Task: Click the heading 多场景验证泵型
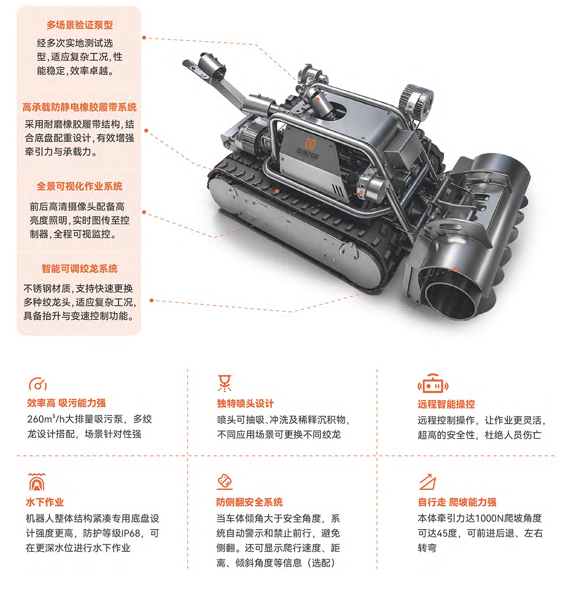pos(80,25)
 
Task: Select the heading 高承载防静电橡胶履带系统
pos(80,107)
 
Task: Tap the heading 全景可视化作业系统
pos(80,186)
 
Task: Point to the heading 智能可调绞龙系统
pos(80,268)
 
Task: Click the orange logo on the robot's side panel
pos(310,143)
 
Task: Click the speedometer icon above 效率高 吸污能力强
pos(38,384)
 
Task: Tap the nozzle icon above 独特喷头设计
pos(225,383)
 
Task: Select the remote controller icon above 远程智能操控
pos(433,384)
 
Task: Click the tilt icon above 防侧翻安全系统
pos(225,482)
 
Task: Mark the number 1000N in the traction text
pos(490,518)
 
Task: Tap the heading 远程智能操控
pos(446,404)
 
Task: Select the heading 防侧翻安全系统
pos(250,502)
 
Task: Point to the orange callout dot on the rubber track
pos(277,191)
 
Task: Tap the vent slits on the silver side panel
pos(338,190)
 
